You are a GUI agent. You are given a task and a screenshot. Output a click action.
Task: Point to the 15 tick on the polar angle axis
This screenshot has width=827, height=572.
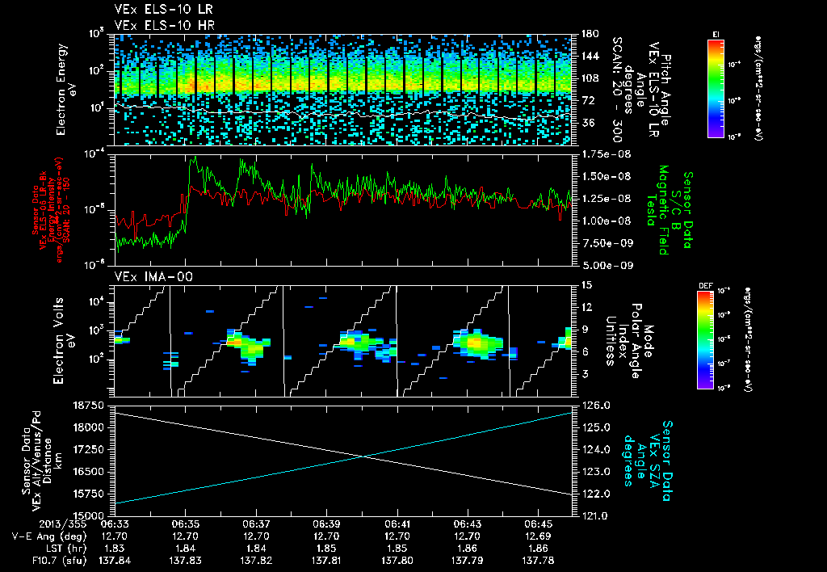click(586, 284)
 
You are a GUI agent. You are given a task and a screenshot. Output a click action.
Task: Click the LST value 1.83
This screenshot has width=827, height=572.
click(115, 548)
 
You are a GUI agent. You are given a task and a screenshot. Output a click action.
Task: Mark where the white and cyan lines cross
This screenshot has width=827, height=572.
click(363, 456)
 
